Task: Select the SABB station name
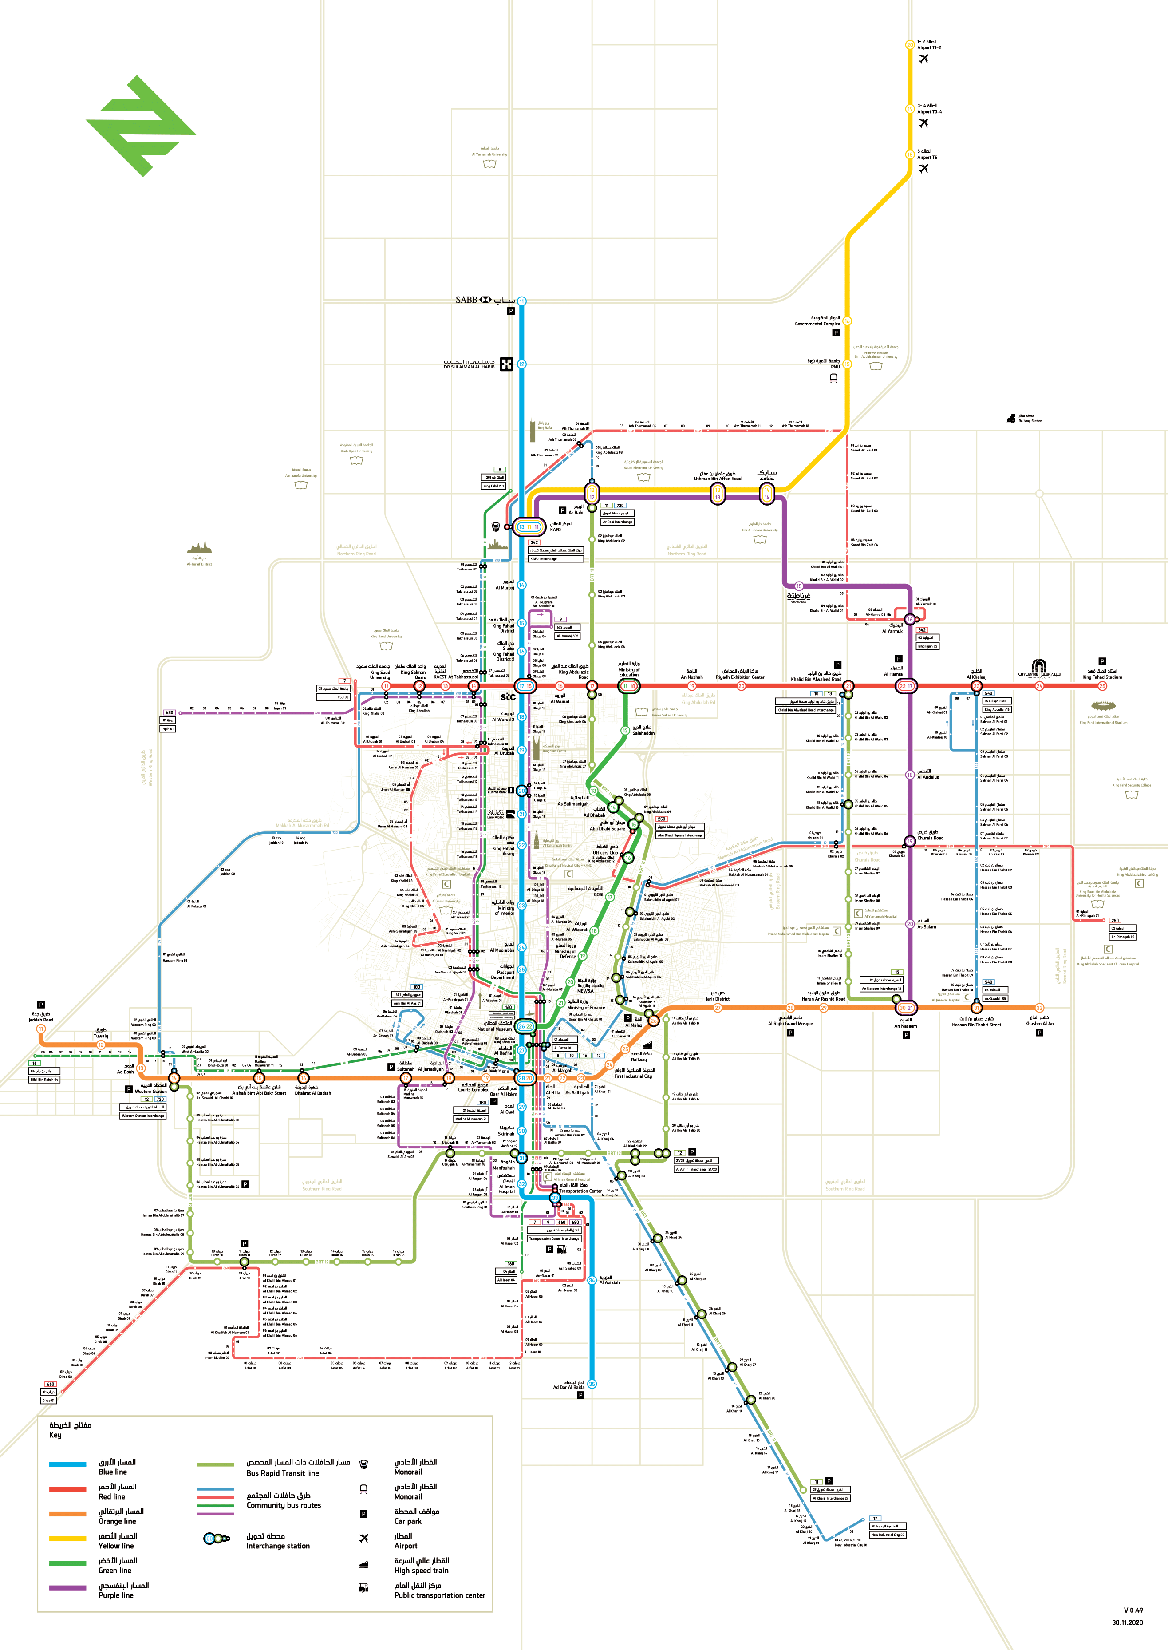tap(466, 300)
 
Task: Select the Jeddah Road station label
tap(41, 1017)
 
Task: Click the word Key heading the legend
tap(55, 1435)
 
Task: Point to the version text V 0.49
tap(1133, 1610)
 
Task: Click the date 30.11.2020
tap(1127, 1622)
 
